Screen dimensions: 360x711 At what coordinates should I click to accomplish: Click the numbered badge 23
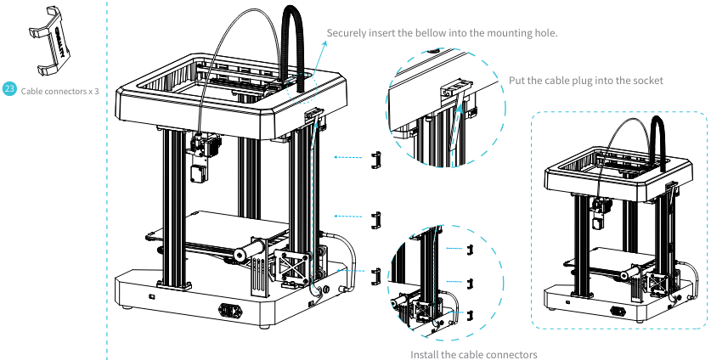(9, 89)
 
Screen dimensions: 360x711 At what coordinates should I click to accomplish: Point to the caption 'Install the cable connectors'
(473, 353)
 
